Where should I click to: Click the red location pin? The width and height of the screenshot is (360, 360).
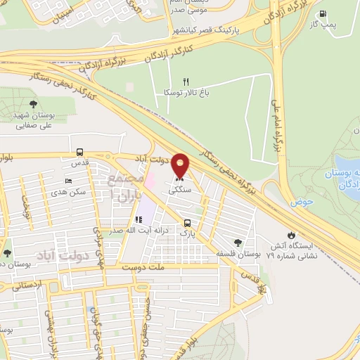[181, 167]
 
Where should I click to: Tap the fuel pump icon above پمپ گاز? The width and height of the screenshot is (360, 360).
[323, 14]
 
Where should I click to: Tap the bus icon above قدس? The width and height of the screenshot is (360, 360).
[79, 152]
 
